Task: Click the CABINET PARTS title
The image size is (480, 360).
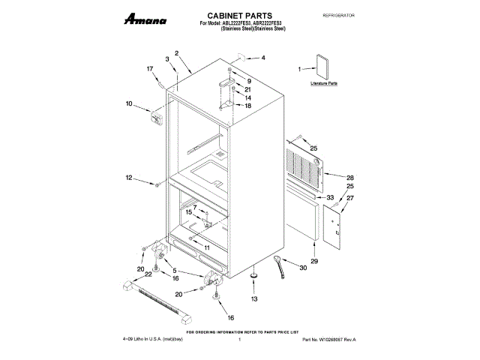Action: point(239,15)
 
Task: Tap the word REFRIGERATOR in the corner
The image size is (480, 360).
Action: point(337,15)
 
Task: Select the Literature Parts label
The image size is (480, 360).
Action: point(324,84)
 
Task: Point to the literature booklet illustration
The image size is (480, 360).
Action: point(323,67)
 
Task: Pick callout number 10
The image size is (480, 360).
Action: point(128,103)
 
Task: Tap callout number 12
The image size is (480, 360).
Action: point(128,178)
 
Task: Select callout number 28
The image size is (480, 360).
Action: point(349,178)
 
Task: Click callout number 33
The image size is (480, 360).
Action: point(329,197)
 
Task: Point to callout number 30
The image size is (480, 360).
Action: point(304,268)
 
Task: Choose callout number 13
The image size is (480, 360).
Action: point(253,299)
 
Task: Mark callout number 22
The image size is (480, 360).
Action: point(148,274)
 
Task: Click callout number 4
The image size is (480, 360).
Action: point(262,58)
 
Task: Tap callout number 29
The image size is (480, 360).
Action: point(314,260)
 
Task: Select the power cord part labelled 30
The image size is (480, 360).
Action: point(280,263)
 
